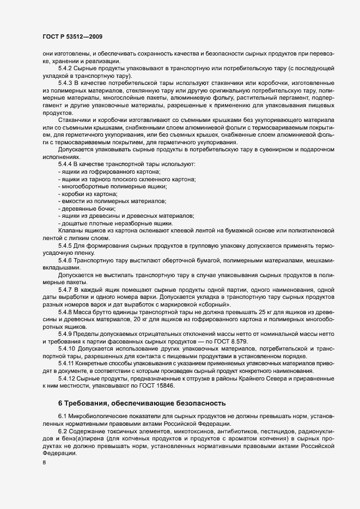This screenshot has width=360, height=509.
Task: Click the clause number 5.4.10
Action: click(x=66, y=347)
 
